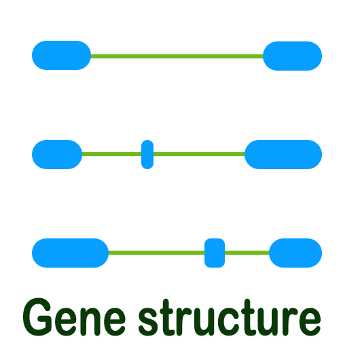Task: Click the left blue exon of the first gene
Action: click(61, 55)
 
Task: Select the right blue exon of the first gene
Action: click(292, 56)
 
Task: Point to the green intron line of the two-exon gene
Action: click(177, 56)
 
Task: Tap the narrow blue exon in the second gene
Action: click(147, 154)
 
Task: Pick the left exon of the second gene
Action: click(57, 154)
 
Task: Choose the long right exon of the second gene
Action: click(283, 154)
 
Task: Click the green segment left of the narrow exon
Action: click(111, 154)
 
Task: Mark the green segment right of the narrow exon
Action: click(199, 154)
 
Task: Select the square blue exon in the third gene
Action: click(215, 253)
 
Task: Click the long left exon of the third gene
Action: click(70, 253)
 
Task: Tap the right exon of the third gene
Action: click(295, 253)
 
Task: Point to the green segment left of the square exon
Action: click(156, 253)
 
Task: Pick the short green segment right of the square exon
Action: click(247, 253)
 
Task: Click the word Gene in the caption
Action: click(74, 317)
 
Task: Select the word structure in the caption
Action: click(230, 317)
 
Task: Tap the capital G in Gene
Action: click(37, 317)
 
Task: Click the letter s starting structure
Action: click(148, 322)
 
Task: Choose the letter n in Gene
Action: click(90, 321)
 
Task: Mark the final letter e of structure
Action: click(310, 322)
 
